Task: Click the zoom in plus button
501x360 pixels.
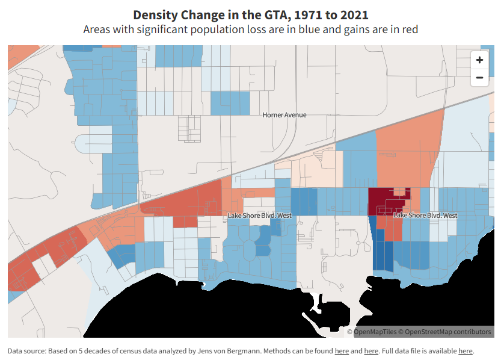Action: [x=479, y=60]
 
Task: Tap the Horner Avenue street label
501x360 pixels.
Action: [x=284, y=115]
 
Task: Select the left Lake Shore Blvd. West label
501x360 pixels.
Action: [x=259, y=216]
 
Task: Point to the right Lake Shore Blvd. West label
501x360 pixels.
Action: [x=425, y=216]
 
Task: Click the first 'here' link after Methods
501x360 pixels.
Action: [x=342, y=351]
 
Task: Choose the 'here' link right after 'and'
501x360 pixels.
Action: [x=371, y=351]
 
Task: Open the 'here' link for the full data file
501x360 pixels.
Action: [x=466, y=351]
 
